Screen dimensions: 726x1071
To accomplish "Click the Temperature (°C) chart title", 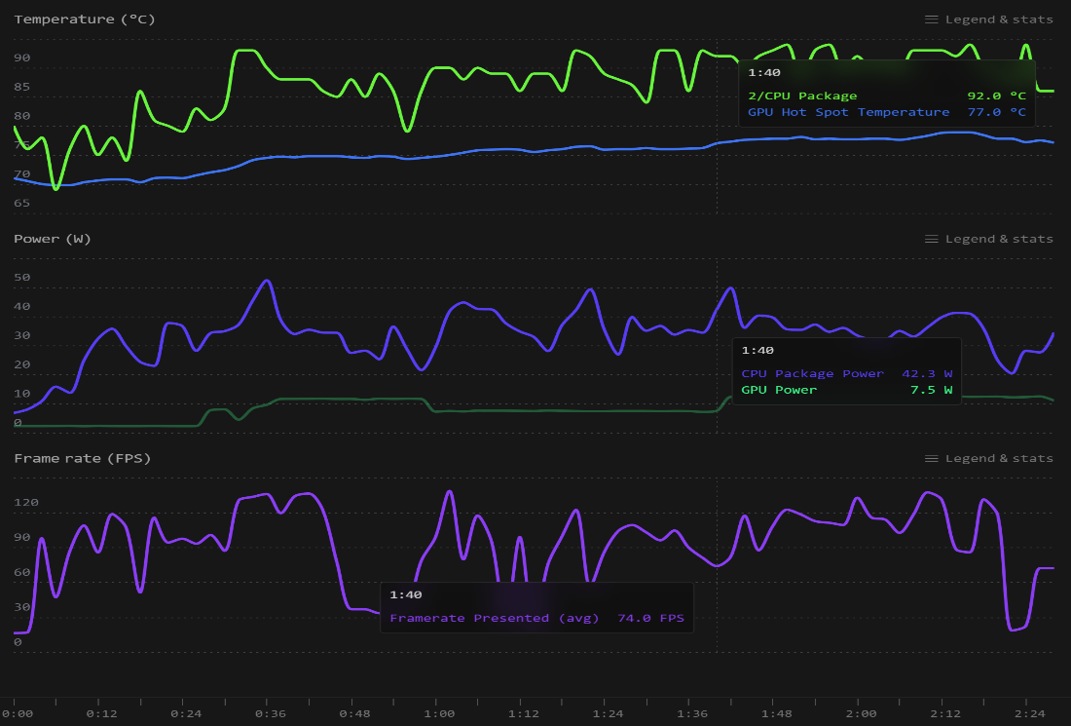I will tap(84, 19).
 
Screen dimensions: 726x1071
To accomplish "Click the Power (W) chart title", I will tap(52, 239).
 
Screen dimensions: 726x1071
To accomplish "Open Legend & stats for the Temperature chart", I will tap(988, 19).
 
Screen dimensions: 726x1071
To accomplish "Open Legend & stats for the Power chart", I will tap(988, 239).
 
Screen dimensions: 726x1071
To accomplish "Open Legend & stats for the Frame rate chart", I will tap(988, 458).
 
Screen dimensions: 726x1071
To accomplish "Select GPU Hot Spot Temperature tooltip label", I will tap(848, 112).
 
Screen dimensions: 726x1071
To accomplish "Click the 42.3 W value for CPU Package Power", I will tap(927, 373).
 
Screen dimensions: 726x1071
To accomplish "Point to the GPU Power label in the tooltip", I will tap(779, 390).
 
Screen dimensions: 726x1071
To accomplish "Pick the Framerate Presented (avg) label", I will tap(496, 618).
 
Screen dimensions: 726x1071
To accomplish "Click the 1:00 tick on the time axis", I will tap(438, 713).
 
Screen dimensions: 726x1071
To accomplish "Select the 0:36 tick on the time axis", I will tap(270, 713).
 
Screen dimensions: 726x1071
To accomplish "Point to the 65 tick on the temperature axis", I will tap(21, 204).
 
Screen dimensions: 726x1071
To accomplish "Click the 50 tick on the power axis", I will tap(21, 278).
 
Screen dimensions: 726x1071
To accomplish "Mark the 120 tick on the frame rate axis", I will tap(25, 503).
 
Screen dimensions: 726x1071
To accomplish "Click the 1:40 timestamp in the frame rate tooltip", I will tap(405, 594).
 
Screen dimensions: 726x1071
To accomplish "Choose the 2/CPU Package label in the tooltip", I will tap(802, 96).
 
